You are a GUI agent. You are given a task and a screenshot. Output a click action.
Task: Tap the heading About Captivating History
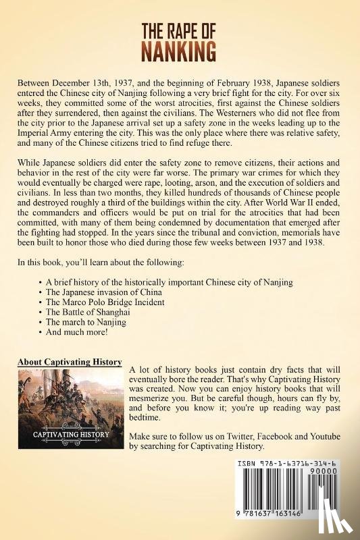(70, 362)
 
